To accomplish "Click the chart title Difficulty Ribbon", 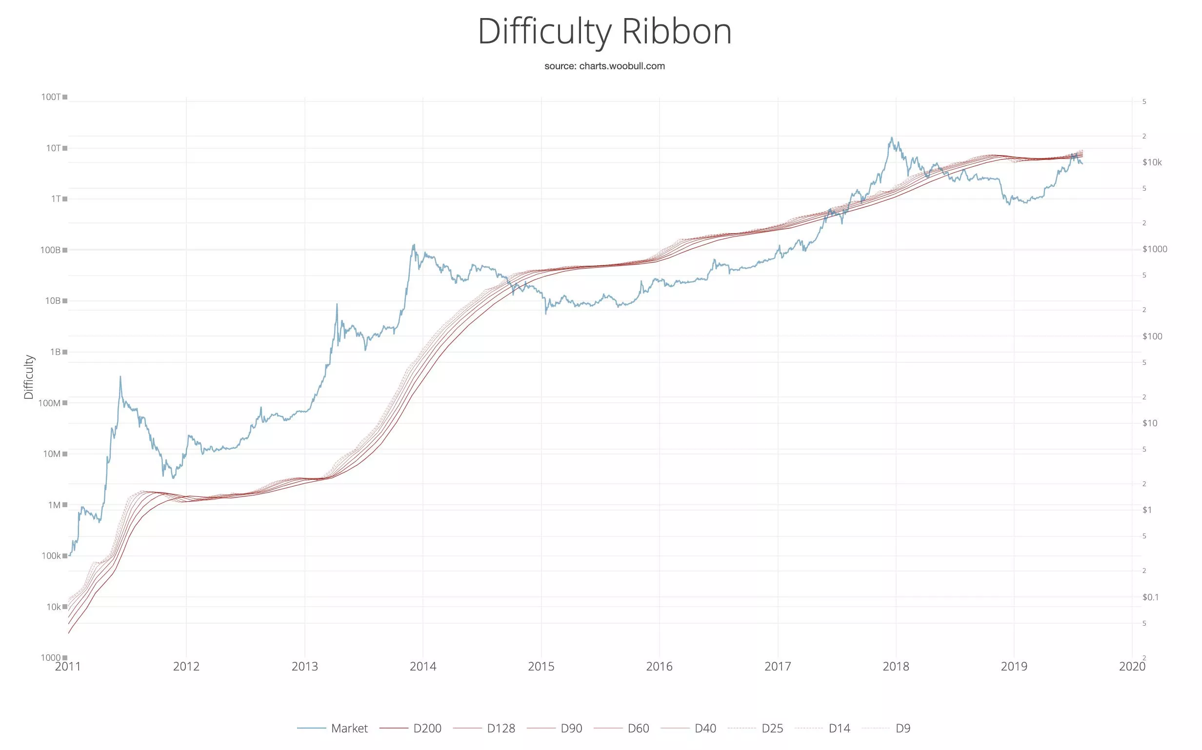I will pos(604,32).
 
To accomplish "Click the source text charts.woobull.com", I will pos(604,66).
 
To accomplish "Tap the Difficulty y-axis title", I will pos(29,377).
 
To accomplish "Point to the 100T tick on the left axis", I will pos(51,97).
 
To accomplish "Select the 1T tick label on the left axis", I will pos(56,199).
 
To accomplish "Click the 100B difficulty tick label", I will pos(51,250).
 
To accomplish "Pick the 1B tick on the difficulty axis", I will pos(55,352).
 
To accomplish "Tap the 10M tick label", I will pos(52,454).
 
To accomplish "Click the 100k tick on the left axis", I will pos(51,555).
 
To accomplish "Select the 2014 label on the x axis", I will pos(422,666).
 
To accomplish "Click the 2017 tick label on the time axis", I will pos(778,666).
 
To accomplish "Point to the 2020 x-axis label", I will pos(1132,666).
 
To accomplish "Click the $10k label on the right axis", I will pos(1151,162).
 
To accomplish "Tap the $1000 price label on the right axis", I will pos(1154,249).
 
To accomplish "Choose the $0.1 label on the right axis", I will pos(1150,597).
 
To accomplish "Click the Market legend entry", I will pos(349,728).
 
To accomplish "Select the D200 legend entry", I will pos(427,728).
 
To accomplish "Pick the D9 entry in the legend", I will pos(903,728).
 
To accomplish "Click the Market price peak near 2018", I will pos(891,138).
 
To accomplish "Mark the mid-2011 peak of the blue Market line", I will pos(120,377).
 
